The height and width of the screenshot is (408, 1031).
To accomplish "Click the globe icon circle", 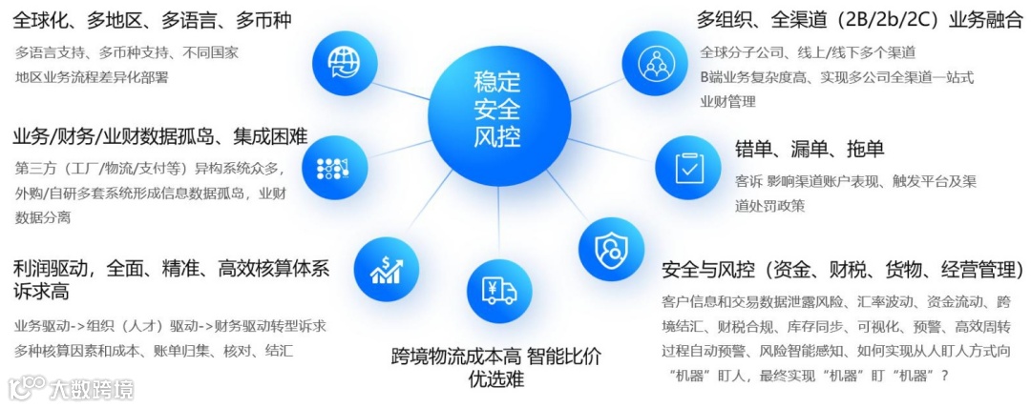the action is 341,63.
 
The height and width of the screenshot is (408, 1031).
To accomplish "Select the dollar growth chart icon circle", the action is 386,269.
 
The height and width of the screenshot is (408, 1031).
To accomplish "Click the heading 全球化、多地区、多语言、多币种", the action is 153,21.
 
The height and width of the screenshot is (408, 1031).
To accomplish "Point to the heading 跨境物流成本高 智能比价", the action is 496,357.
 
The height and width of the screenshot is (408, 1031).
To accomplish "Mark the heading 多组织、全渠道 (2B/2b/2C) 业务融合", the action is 859,21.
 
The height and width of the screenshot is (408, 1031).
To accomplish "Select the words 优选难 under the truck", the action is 496,379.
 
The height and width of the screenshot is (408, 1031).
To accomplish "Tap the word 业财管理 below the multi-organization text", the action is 727,101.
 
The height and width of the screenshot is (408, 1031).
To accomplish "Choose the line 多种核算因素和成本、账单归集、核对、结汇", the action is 154,351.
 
